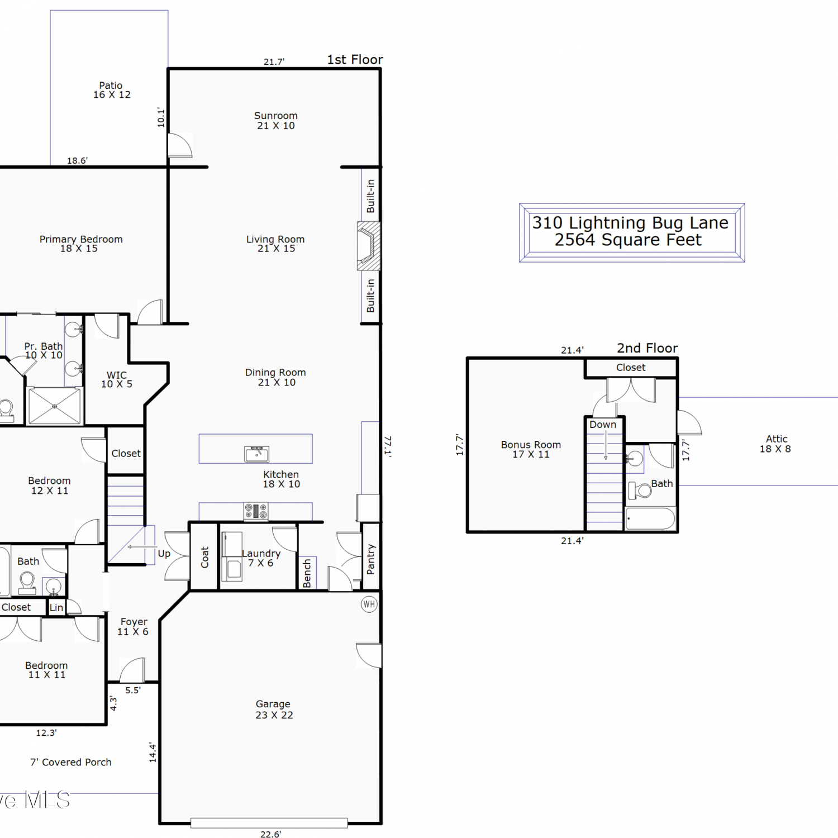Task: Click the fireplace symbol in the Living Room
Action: (369, 246)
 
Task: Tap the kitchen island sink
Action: (257, 454)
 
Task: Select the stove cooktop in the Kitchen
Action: (256, 511)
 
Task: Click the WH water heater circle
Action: (369, 604)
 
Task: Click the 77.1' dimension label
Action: (388, 446)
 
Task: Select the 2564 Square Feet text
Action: (628, 240)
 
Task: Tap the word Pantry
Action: (370, 559)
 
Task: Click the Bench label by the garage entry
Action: (307, 574)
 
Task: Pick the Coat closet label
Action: (204, 557)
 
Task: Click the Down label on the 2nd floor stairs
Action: (603, 425)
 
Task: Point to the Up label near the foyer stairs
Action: (164, 554)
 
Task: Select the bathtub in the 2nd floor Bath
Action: (650, 518)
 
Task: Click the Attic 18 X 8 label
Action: (775, 444)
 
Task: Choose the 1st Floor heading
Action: (355, 60)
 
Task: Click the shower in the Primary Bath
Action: (55, 406)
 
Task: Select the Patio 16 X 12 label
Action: (112, 90)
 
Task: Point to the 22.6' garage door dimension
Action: (270, 834)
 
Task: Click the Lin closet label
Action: (56, 608)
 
